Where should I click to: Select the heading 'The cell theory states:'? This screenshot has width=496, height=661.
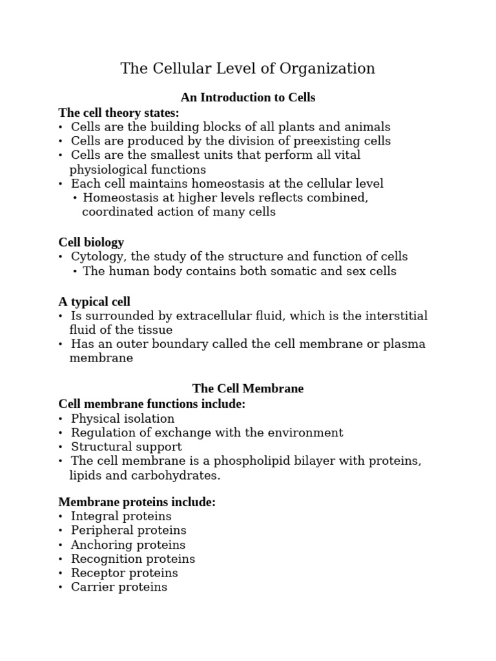[x=119, y=112]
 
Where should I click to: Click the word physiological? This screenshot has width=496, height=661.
[x=105, y=170]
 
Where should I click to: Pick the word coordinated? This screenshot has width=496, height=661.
[x=118, y=212]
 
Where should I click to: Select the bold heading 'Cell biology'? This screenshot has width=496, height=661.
[x=91, y=242]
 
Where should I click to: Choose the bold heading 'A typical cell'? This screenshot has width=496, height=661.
[x=94, y=301]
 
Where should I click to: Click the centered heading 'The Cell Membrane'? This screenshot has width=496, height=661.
[x=248, y=389]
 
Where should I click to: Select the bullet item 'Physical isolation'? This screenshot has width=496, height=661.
[x=123, y=418]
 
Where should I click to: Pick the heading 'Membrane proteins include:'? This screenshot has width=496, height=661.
[x=137, y=502]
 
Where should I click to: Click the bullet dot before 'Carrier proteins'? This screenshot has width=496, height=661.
[x=61, y=587]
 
